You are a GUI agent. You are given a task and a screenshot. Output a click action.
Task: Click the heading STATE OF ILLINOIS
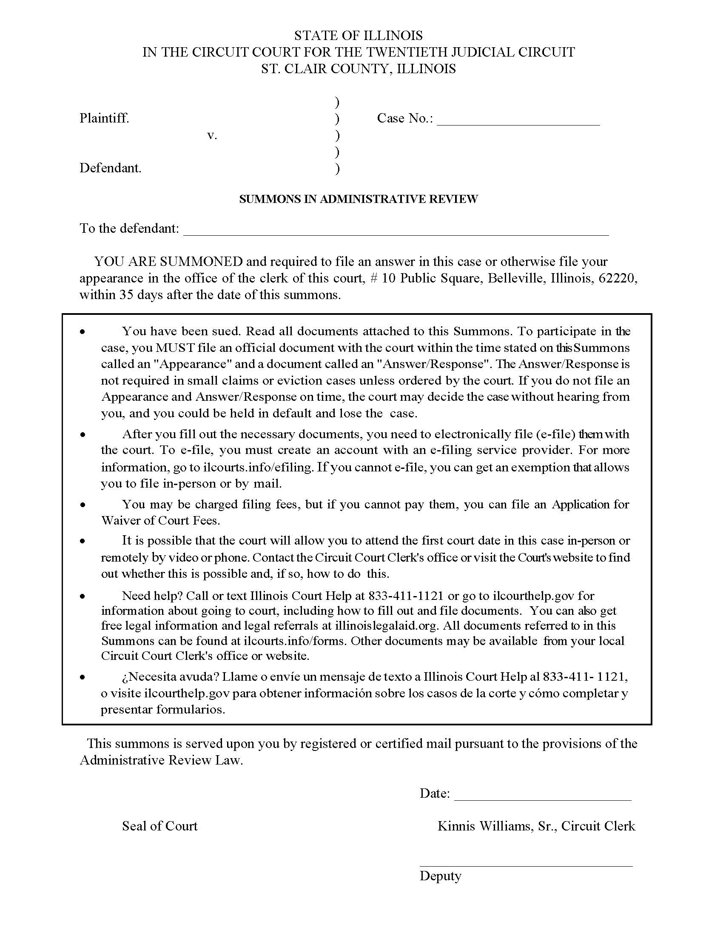coord(358,35)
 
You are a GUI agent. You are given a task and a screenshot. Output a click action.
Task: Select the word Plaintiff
coord(104,118)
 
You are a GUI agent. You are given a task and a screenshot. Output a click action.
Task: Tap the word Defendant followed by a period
coord(110,168)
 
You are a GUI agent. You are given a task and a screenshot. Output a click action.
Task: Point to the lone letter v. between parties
coord(212,135)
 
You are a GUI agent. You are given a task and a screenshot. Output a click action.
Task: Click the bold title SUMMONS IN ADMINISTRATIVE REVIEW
coord(358,199)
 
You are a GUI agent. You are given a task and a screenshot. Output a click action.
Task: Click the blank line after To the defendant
coord(396,231)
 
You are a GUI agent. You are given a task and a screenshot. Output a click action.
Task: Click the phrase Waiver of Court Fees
coord(160,520)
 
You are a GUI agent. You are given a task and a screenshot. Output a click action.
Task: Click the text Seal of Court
coord(159,826)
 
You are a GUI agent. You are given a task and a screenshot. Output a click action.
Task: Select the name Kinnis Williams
coord(484,826)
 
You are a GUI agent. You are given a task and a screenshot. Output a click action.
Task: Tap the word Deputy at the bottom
coord(440,876)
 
